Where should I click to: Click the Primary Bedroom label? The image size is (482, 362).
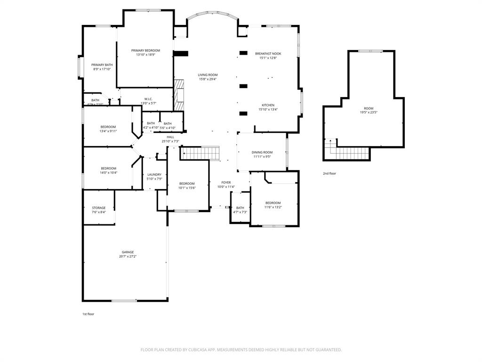(x=145, y=50)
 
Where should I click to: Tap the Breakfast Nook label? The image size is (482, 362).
(x=268, y=54)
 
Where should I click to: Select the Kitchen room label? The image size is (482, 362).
(x=268, y=105)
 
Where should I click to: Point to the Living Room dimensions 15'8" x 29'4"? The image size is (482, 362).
(x=207, y=79)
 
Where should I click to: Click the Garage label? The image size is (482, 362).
(x=128, y=252)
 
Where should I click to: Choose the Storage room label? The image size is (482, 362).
(x=98, y=208)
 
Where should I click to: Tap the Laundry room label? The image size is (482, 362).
(x=154, y=174)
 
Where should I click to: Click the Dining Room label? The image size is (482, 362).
(x=262, y=152)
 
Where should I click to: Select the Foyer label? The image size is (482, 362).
(x=226, y=182)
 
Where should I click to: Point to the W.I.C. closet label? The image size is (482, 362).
(x=148, y=99)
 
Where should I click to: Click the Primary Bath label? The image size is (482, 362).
(x=102, y=65)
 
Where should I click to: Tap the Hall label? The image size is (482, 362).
(x=170, y=137)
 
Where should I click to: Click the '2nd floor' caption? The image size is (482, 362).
(x=329, y=173)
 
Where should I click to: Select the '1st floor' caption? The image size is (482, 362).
(x=88, y=314)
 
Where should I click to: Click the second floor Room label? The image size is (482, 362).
(x=368, y=108)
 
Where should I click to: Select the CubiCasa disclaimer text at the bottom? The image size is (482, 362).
(x=241, y=350)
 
